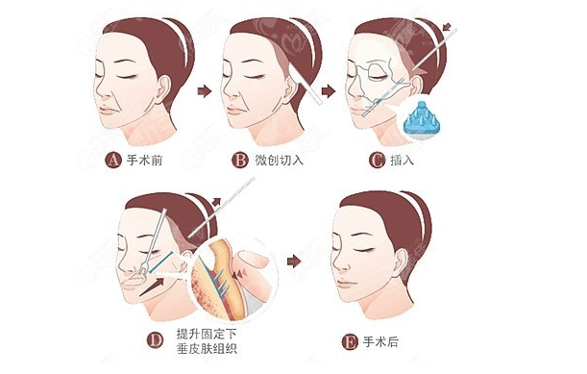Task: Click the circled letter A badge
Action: point(113,160)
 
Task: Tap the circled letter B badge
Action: point(240,160)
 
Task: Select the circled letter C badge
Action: point(377,160)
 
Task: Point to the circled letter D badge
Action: point(155,340)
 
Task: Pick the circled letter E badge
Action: point(350,342)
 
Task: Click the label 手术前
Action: point(144,160)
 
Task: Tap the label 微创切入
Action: point(279,160)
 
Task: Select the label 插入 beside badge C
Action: point(403,160)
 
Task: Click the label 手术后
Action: point(380,342)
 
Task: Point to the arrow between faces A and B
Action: point(205,91)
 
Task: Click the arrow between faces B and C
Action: point(329,91)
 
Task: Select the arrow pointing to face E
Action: point(294,261)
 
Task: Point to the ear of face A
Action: point(163,90)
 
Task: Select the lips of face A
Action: point(108,111)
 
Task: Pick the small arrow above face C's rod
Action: point(447,27)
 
